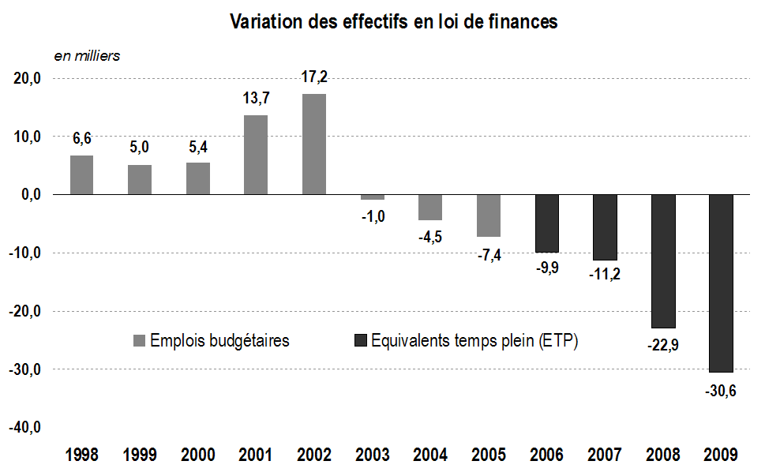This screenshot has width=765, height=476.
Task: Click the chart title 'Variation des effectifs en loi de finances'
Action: tap(393, 22)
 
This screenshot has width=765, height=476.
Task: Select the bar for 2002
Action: tap(313, 144)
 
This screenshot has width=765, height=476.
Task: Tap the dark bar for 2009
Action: tap(721, 283)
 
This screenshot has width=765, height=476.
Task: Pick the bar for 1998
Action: tap(81, 174)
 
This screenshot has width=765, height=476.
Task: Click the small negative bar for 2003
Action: tap(372, 197)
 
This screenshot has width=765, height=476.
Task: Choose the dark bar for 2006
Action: tap(547, 223)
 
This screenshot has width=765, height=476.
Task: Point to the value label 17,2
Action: tap(313, 77)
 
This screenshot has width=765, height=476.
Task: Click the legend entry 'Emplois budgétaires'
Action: tap(211, 341)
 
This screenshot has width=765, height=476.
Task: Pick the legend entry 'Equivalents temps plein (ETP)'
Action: tap(467, 341)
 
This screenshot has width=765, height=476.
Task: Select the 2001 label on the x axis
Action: tap(256, 455)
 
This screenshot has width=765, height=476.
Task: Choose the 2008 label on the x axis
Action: tap(662, 455)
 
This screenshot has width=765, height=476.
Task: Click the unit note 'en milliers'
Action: tap(86, 56)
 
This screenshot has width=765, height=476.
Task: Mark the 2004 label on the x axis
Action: tap(430, 455)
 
